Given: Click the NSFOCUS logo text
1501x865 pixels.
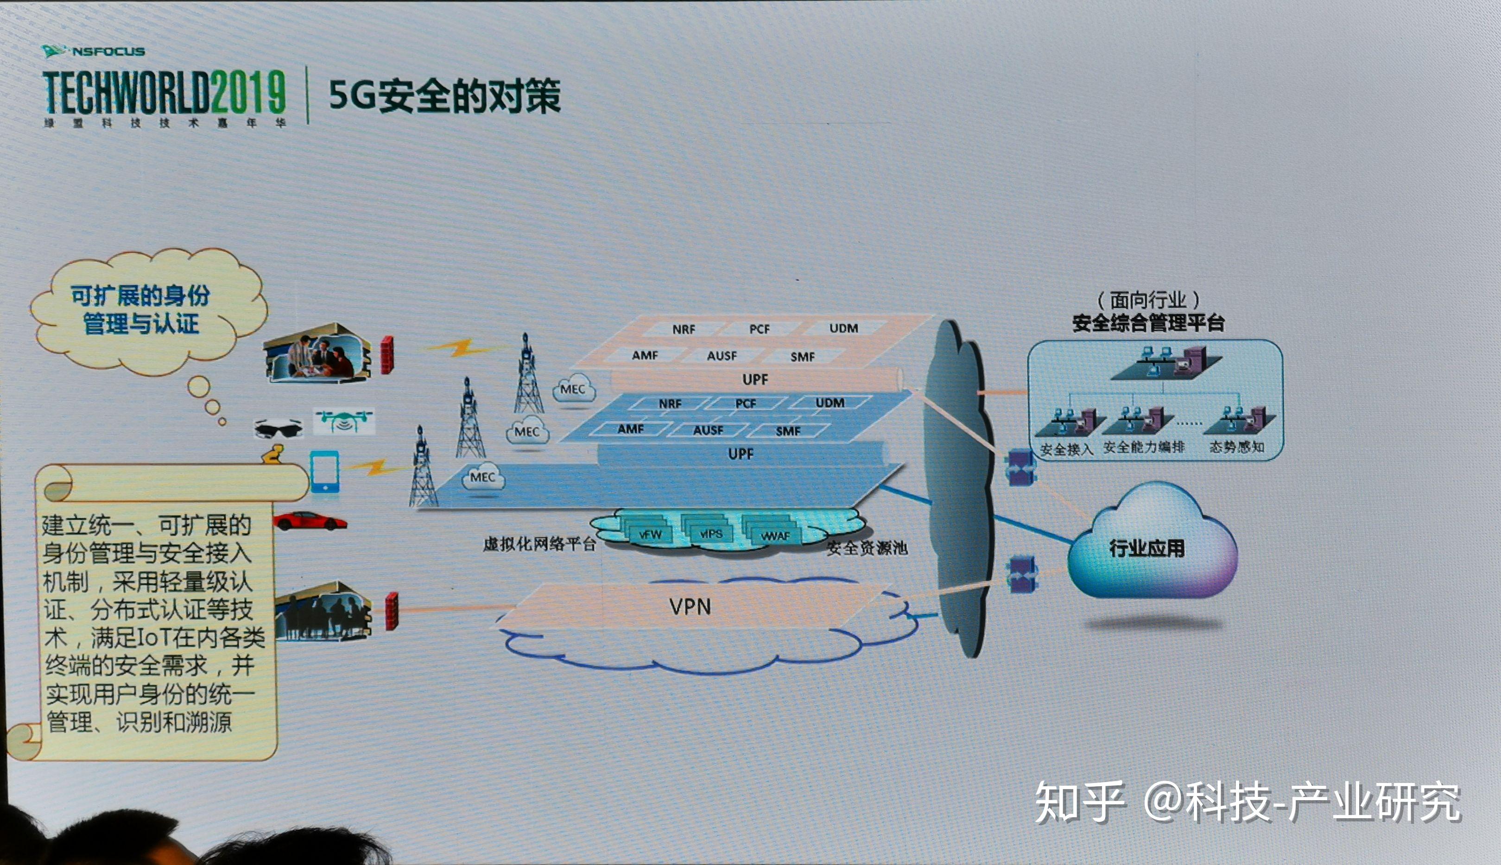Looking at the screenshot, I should coord(108,52).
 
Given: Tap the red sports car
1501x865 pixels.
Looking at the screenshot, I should coord(310,521).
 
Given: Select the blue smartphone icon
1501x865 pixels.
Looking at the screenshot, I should coord(325,471).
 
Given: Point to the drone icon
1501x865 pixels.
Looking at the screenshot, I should coord(343,420).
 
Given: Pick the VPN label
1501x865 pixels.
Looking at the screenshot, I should coord(690,606).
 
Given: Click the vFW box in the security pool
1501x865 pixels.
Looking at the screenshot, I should coord(650,534).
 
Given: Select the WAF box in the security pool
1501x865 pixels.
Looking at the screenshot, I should coord(775,536).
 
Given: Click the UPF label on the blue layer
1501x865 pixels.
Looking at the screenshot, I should coord(741,455).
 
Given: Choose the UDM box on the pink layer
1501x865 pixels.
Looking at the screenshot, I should coord(843,328).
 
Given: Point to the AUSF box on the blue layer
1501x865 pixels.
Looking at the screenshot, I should coord(708,430).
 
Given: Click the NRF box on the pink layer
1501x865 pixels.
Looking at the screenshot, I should coord(684,329).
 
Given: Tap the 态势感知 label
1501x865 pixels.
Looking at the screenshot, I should coord(1236,447).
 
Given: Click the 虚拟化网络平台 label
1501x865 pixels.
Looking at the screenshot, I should coord(539,544).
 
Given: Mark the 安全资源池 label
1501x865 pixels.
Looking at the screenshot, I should coord(867,548).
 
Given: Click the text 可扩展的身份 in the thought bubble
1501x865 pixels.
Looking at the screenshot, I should coord(140,295).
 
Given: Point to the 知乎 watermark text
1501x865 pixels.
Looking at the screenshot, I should coord(1080,802).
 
